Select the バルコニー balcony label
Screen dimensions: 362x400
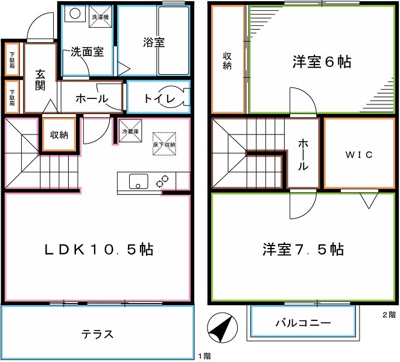(x=303, y=323)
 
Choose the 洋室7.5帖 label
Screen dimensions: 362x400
(x=303, y=249)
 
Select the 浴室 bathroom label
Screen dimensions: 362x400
(x=154, y=43)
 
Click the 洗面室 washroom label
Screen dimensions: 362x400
(x=87, y=52)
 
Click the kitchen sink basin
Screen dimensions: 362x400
(x=139, y=180)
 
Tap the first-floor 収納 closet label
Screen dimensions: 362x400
(x=59, y=135)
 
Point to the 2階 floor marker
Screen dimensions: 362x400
(x=389, y=314)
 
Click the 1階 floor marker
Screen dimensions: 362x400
(x=203, y=356)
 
